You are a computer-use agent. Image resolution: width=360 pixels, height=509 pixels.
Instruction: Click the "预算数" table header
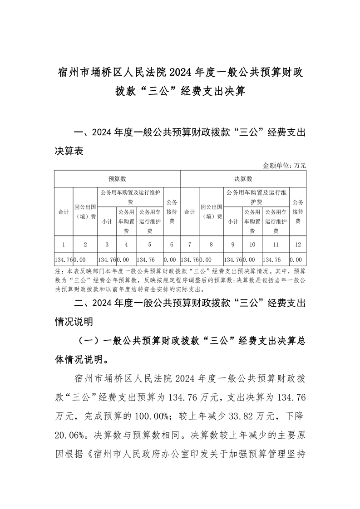click(x=117, y=179)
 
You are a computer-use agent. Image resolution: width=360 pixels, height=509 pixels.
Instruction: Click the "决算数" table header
click(x=243, y=179)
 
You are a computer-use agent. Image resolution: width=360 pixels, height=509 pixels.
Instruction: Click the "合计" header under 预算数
click(x=64, y=211)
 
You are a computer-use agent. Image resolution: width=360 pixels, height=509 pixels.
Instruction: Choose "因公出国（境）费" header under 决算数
click(x=211, y=211)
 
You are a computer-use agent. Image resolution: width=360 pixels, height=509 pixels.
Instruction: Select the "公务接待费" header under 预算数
click(x=172, y=211)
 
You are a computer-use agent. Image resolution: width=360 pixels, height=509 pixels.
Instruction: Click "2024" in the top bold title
click(x=181, y=72)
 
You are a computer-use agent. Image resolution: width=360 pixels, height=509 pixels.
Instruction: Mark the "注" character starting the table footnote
click(x=57, y=270)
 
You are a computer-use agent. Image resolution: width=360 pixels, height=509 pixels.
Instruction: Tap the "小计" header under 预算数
click(x=107, y=222)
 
